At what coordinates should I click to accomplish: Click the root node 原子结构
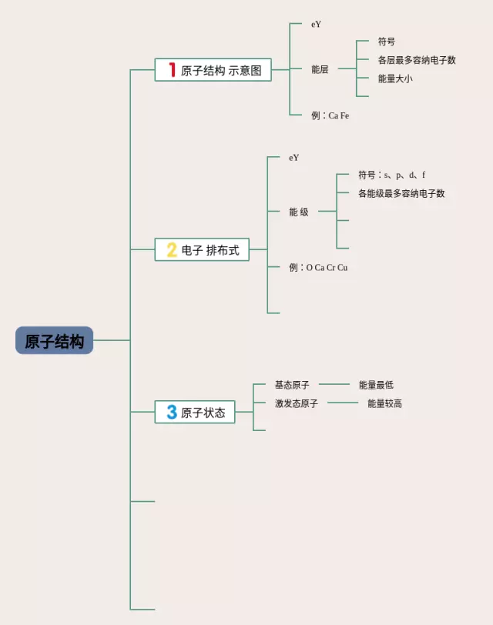click(54, 340)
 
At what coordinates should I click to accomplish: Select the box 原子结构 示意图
click(213, 70)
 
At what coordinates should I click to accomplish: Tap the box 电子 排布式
click(202, 249)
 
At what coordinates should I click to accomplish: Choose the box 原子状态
click(195, 412)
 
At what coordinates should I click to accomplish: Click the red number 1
click(172, 70)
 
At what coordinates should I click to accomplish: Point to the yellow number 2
click(172, 250)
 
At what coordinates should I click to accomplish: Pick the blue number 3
click(172, 412)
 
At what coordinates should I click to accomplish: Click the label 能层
click(320, 69)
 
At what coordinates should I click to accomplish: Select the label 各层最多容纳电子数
click(417, 60)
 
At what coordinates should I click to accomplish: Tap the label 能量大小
click(395, 79)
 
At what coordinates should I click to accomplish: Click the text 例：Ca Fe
click(330, 115)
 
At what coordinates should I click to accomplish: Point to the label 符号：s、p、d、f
click(391, 175)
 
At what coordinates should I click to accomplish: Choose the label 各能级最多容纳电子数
click(401, 194)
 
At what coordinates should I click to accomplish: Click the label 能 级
click(299, 212)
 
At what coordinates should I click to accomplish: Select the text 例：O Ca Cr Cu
click(318, 267)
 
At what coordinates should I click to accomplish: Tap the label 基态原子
click(292, 385)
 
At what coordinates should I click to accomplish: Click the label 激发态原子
click(297, 403)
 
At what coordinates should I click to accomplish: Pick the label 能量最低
click(376, 385)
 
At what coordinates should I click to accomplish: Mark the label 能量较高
click(385, 403)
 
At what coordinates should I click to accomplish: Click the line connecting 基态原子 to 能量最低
click(334, 384)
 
